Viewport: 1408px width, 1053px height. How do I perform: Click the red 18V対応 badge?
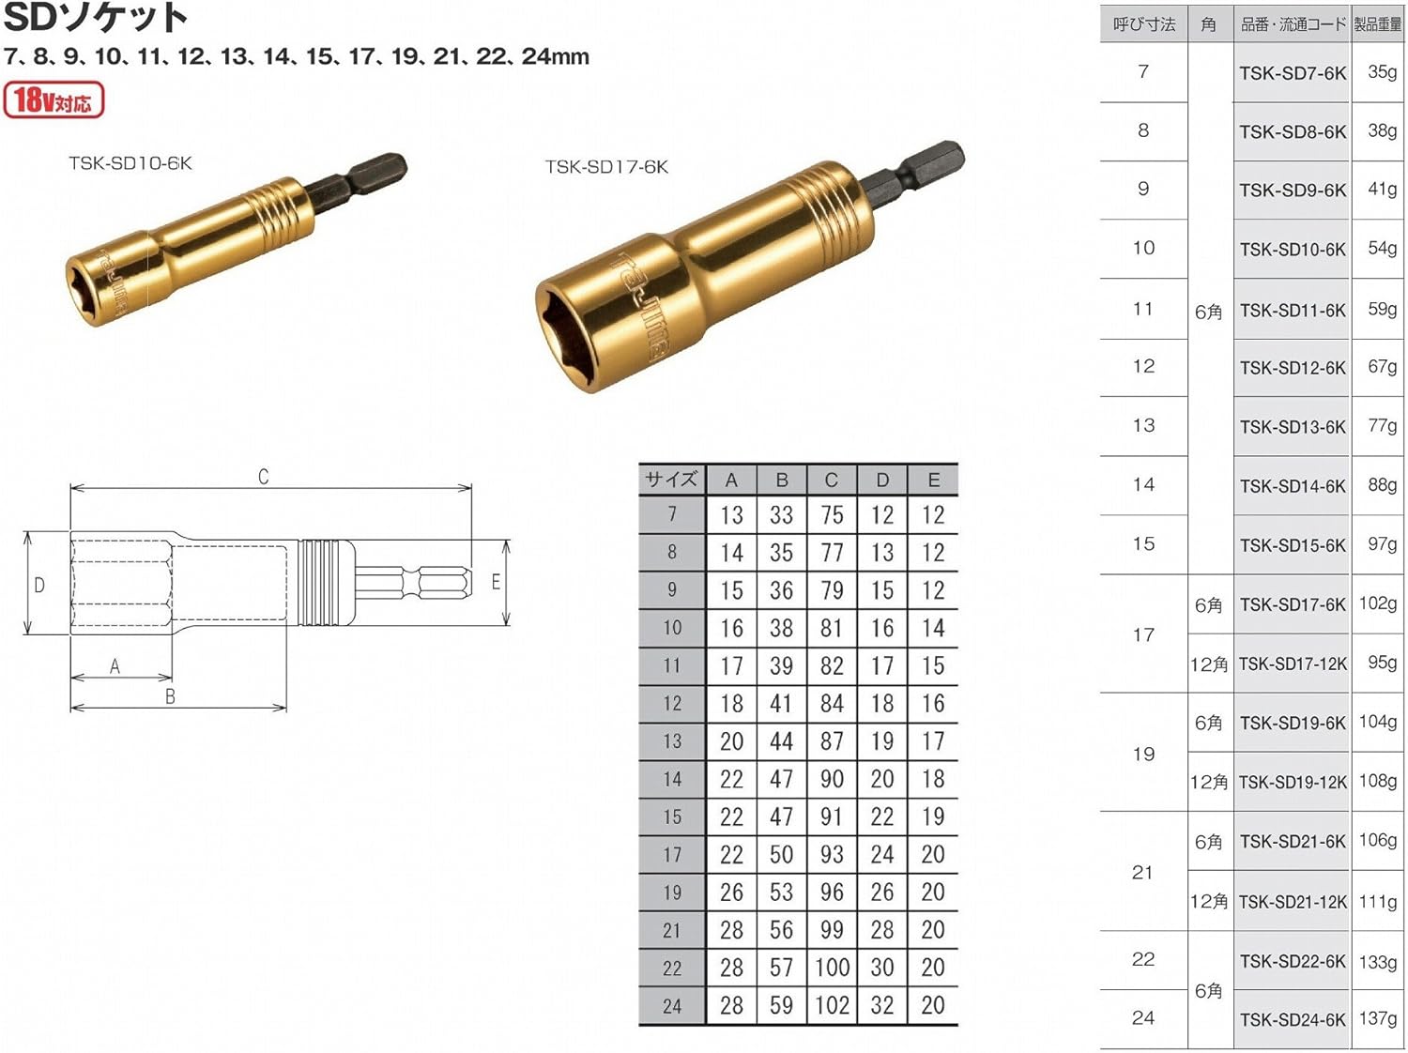[54, 100]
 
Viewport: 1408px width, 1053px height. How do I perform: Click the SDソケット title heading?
[96, 17]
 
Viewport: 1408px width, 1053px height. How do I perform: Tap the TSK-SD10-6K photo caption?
[130, 163]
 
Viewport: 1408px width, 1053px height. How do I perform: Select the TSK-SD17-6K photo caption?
[606, 167]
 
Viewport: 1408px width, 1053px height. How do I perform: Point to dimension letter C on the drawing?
[264, 477]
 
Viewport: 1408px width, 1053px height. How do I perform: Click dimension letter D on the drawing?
[39, 585]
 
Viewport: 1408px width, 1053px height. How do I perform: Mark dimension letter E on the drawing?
[496, 583]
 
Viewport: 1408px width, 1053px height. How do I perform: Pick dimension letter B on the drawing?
[170, 696]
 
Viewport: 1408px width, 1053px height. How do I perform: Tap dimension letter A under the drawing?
[115, 666]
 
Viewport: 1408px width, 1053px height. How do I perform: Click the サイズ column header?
[671, 480]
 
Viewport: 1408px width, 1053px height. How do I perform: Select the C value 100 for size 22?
[832, 968]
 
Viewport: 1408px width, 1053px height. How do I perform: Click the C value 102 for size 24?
[832, 1005]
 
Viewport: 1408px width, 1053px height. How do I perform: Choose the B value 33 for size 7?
[781, 515]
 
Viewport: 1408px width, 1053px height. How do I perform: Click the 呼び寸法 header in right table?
[1143, 24]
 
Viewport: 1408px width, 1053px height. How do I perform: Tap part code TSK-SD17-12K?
[1293, 664]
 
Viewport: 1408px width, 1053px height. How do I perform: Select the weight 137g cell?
[1378, 1018]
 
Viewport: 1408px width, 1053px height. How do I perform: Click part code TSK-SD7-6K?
[1293, 73]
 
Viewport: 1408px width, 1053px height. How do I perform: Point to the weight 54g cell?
[1382, 249]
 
